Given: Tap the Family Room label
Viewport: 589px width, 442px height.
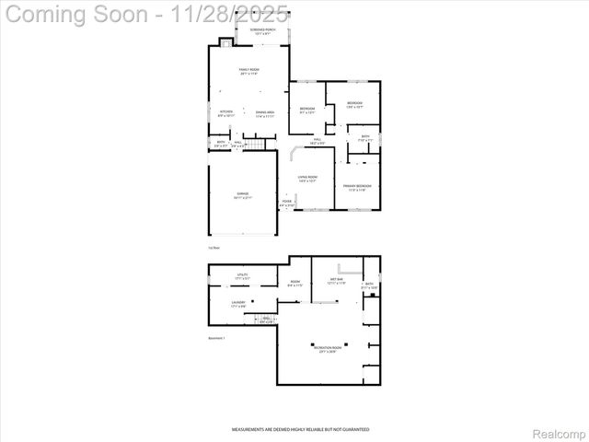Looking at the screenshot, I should pos(248,72).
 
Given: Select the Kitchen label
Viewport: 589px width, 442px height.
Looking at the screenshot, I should pos(226,114).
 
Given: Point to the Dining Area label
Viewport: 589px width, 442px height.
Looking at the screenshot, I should pos(264,114).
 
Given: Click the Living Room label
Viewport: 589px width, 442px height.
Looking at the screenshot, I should pos(307,179).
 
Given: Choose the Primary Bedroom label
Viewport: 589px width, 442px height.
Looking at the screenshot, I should pos(357,188).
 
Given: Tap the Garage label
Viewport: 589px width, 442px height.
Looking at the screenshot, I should pos(242,195).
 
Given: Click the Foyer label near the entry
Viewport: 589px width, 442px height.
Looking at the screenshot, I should pos(287,203).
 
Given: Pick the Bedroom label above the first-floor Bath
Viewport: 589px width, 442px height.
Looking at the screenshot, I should pos(354,104).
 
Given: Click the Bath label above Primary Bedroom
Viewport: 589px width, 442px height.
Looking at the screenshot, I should pos(365,138).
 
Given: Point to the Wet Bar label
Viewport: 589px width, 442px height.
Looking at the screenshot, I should pos(336,282).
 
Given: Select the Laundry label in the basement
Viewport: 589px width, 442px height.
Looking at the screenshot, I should pos(238,303).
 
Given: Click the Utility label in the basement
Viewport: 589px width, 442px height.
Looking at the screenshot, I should pos(243,276).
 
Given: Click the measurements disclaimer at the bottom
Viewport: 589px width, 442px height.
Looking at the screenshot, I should pos(300,429).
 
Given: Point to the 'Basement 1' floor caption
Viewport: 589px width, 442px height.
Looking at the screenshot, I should pos(217,339).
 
